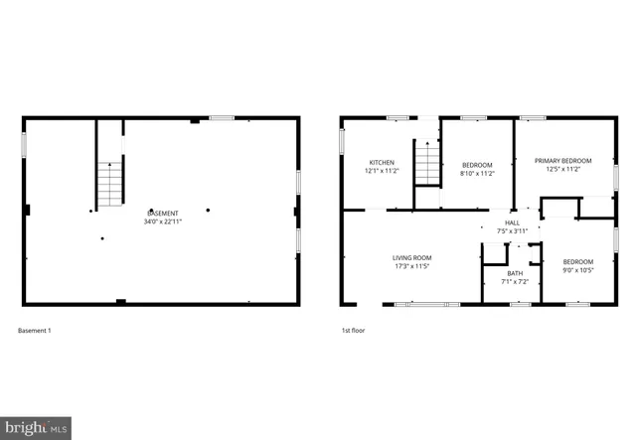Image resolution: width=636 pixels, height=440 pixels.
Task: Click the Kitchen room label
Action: pos(383,162)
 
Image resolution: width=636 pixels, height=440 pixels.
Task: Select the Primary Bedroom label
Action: pos(562,161)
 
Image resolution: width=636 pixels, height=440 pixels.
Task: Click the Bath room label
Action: pos(515,273)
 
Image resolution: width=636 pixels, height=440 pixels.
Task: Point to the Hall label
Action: pos(513,222)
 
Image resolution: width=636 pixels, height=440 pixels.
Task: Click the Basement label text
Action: pos(164,213)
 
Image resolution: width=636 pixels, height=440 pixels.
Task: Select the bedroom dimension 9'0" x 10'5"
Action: pos(577,270)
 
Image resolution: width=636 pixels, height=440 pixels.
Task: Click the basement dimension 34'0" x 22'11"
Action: pos(164,221)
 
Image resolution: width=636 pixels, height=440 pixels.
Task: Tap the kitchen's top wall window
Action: pos(398,118)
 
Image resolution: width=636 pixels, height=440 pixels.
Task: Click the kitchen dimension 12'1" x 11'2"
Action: pos(383,171)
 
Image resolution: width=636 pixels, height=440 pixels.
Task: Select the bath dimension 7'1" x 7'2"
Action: pos(515,282)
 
